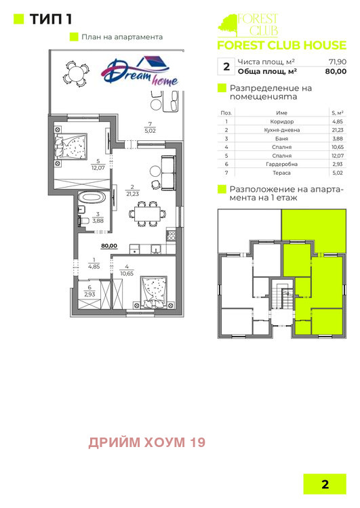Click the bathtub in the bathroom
92,197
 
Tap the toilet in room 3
83,221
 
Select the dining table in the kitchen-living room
148,214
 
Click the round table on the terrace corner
76,74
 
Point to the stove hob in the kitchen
172,236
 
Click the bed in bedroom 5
71,146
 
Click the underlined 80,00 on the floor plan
109,246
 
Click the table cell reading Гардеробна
281,165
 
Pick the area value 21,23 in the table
338,130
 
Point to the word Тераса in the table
281,173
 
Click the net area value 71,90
338,62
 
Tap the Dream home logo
140,71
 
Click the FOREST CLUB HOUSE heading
281,45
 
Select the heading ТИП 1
51,19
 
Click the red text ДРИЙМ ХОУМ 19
147,442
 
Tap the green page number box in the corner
325,484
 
